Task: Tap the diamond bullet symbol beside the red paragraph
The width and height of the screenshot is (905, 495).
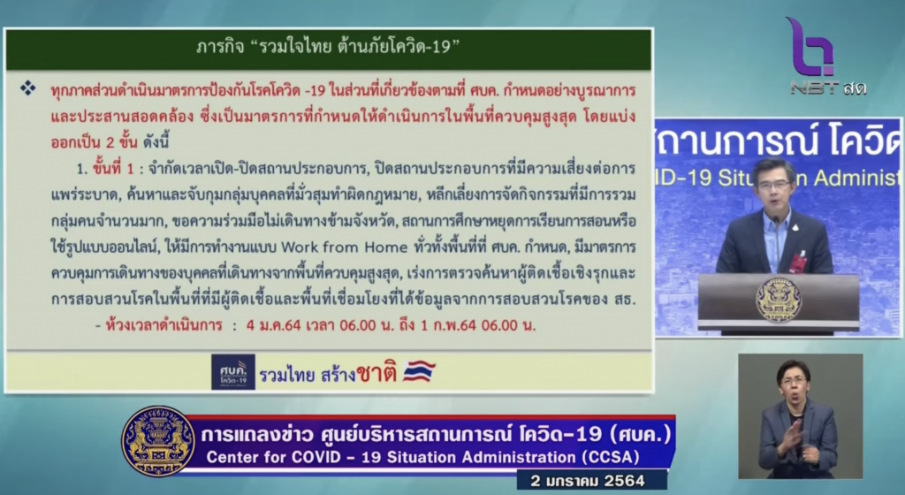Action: click(x=27, y=88)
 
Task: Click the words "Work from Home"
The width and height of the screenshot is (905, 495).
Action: click(x=344, y=247)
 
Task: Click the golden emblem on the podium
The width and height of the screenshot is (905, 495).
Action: click(x=779, y=299)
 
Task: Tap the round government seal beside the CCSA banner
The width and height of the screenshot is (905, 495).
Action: click(x=158, y=442)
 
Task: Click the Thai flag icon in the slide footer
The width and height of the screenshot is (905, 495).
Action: click(x=419, y=372)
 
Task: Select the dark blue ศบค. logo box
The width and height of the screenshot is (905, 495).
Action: click(x=233, y=372)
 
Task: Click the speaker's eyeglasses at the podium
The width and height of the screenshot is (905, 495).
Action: click(x=774, y=185)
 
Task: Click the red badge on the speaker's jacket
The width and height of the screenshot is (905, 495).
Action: click(x=798, y=263)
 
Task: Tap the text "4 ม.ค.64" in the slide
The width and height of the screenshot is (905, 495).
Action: click(x=274, y=325)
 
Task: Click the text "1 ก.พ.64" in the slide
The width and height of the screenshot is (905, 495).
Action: click(x=448, y=325)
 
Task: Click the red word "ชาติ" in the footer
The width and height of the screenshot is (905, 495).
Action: click(x=376, y=373)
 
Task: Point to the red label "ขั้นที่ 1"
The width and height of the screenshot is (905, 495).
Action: click(x=113, y=169)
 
